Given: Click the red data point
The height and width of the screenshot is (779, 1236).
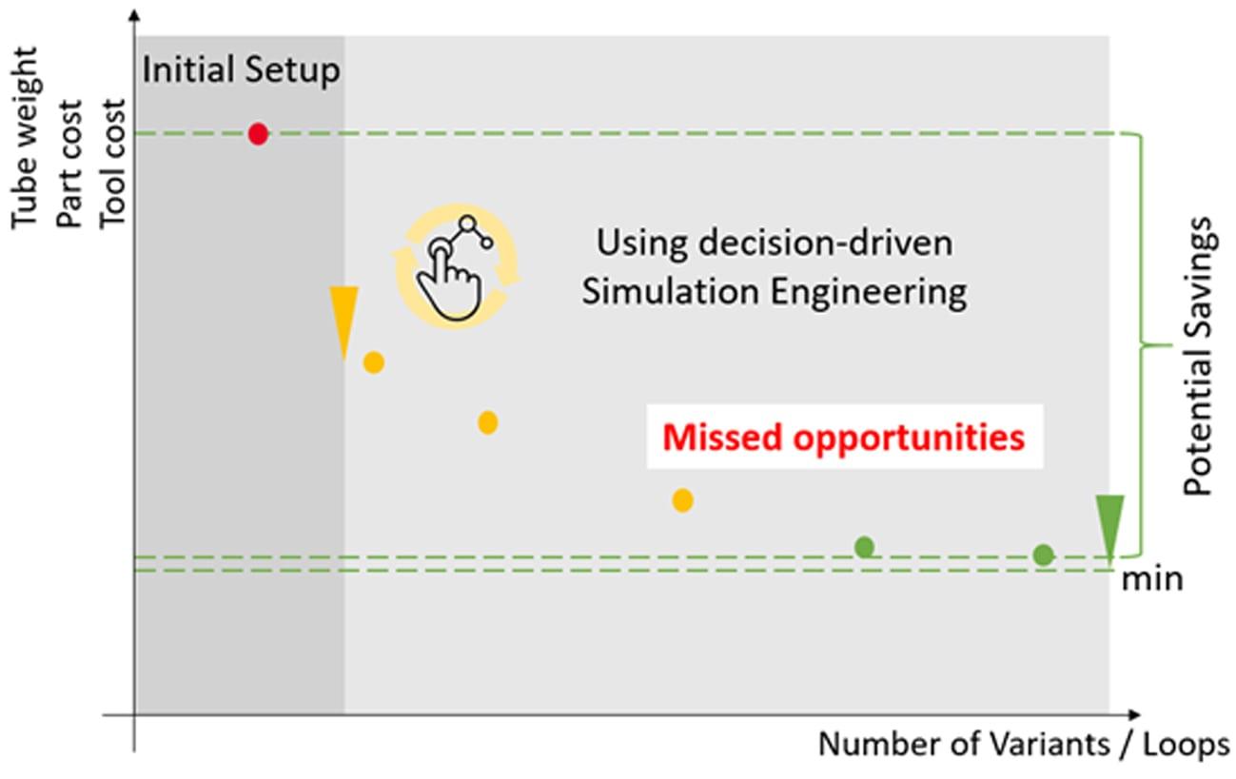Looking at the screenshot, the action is click(258, 134).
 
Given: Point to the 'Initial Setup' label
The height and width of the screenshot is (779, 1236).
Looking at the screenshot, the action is click(241, 70).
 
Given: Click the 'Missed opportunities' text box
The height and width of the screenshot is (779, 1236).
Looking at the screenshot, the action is click(845, 437).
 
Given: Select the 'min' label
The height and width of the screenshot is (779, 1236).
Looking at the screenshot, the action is click(1152, 579).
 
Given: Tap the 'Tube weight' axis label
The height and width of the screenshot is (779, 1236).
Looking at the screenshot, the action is click(25, 137).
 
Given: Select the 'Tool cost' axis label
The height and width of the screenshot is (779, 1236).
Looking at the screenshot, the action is click(112, 164).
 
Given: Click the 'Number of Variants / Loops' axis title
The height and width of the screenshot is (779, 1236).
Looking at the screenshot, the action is click(1024, 745).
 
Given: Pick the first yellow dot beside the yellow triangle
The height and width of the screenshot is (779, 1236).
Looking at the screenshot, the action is click(374, 362).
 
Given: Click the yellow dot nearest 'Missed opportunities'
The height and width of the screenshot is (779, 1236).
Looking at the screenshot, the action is click(682, 500).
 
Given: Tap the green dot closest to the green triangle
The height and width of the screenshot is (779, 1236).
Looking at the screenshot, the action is click(1043, 555).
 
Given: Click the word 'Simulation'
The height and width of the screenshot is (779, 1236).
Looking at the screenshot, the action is click(671, 291).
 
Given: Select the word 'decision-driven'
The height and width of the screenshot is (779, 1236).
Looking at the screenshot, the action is click(825, 243).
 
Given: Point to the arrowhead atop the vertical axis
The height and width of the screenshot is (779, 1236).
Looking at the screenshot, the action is click(134, 14).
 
